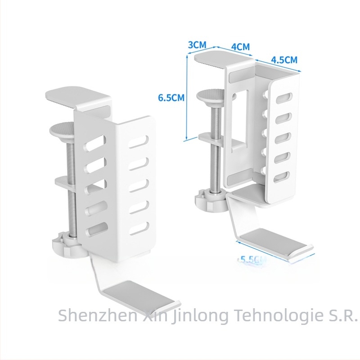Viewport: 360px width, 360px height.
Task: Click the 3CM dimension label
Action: point(197,45)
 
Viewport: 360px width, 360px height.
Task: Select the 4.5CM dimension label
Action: point(284,59)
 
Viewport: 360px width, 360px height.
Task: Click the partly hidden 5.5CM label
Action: point(251,259)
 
